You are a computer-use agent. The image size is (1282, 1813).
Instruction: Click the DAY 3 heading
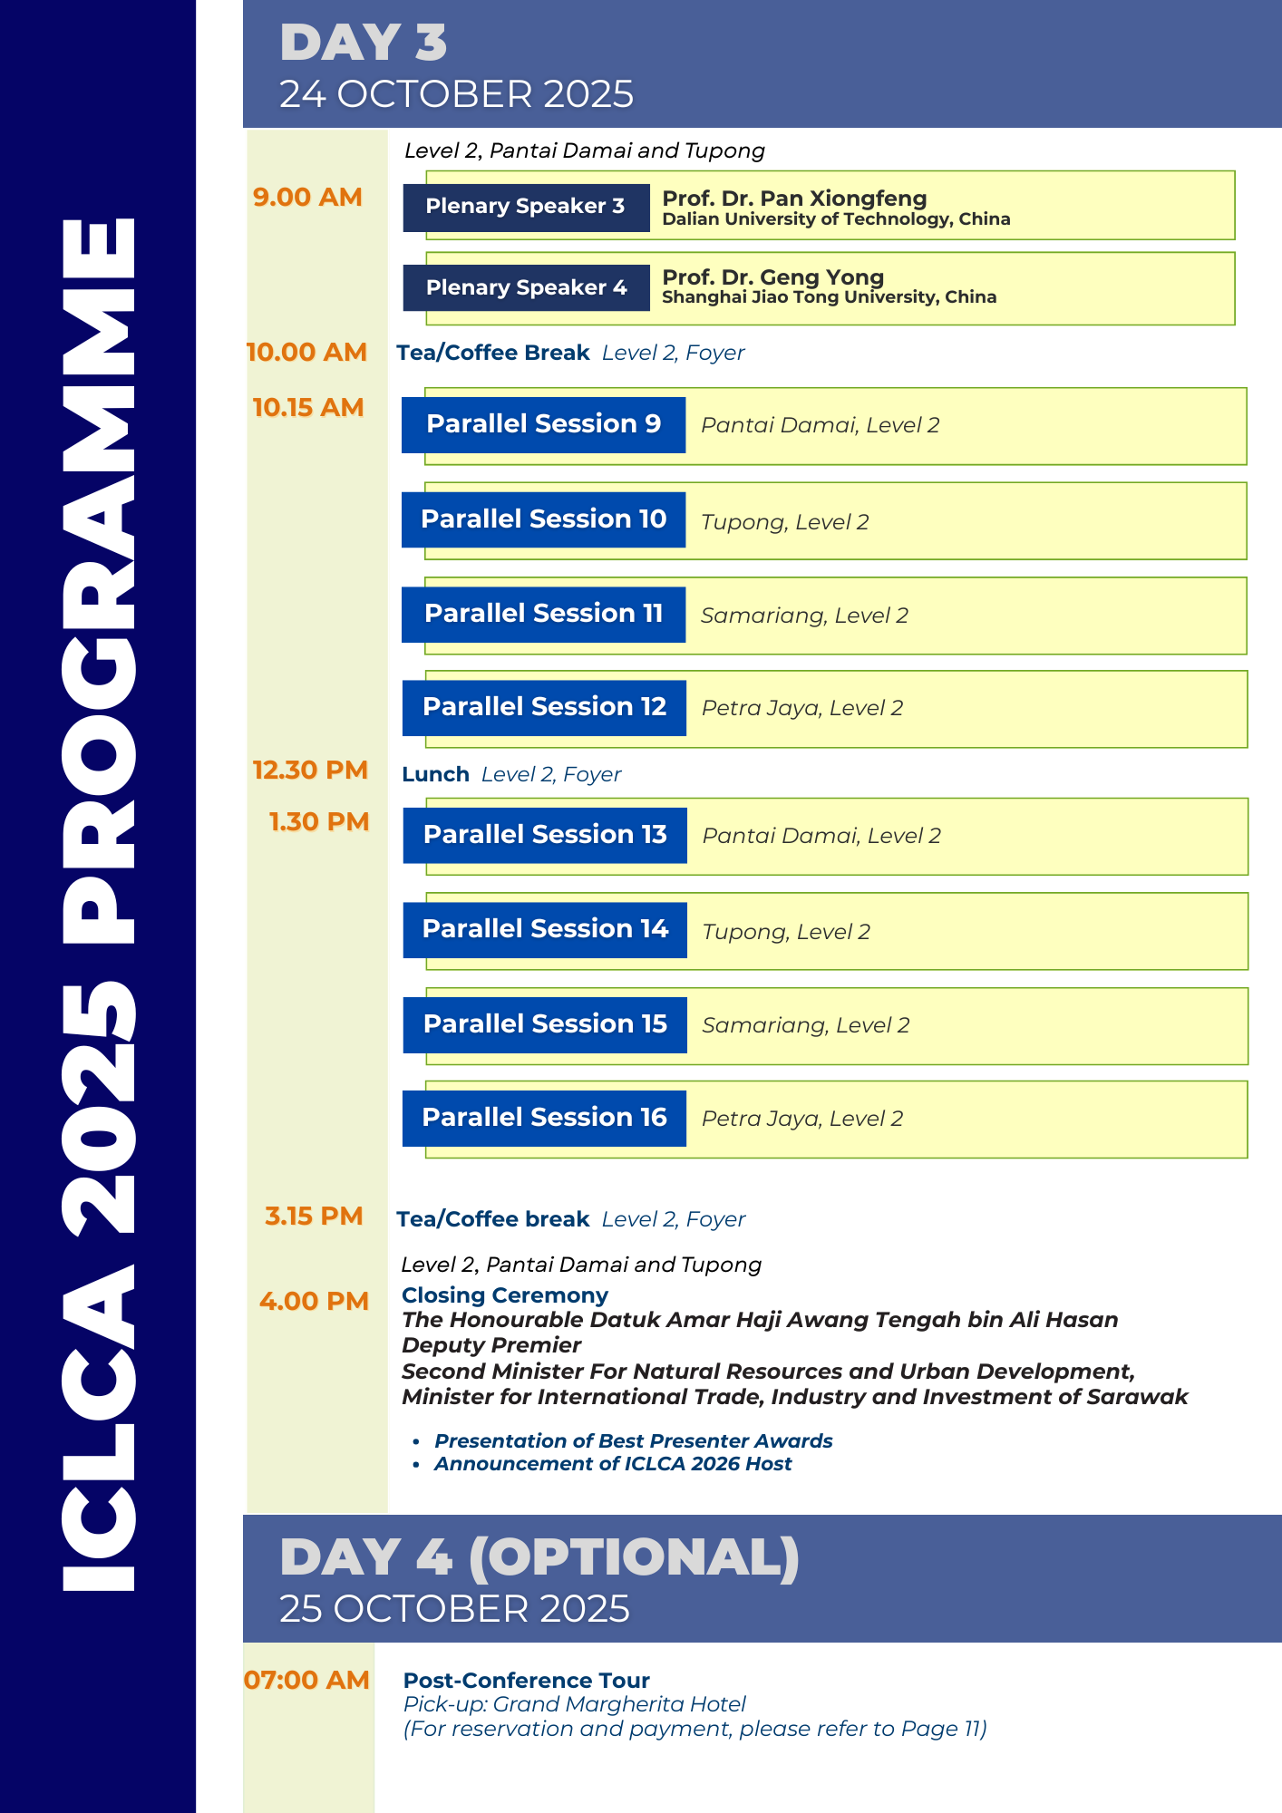click(364, 43)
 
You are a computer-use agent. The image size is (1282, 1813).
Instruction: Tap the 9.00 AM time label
click(307, 197)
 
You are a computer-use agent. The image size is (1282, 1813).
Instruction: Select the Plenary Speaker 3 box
click(526, 207)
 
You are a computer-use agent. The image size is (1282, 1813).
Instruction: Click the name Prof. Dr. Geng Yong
click(772, 277)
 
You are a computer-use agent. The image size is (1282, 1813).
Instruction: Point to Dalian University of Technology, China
click(836, 219)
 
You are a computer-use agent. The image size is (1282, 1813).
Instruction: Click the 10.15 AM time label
click(308, 408)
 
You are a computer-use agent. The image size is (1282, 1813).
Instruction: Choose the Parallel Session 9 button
click(543, 424)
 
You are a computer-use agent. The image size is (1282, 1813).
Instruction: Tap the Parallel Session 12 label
click(544, 707)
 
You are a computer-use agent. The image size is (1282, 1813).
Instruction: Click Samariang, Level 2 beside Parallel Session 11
click(804, 616)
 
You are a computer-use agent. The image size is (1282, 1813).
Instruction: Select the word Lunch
click(435, 774)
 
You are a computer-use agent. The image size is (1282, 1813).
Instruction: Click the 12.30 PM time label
click(310, 771)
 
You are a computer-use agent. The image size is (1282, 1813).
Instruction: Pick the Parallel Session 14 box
click(545, 929)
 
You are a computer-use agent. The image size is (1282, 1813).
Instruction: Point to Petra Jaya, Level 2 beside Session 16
click(802, 1119)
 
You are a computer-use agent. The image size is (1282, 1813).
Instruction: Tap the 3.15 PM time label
click(314, 1217)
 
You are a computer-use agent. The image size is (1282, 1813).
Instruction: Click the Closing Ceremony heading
click(505, 1295)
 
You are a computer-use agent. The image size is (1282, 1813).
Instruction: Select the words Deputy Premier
click(491, 1345)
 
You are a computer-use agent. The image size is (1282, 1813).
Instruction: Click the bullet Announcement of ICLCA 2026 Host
click(613, 1464)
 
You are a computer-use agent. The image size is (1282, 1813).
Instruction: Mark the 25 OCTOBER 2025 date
click(454, 1609)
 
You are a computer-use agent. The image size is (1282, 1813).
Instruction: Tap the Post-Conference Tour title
click(526, 1681)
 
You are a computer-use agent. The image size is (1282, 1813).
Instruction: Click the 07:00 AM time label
click(306, 1681)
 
